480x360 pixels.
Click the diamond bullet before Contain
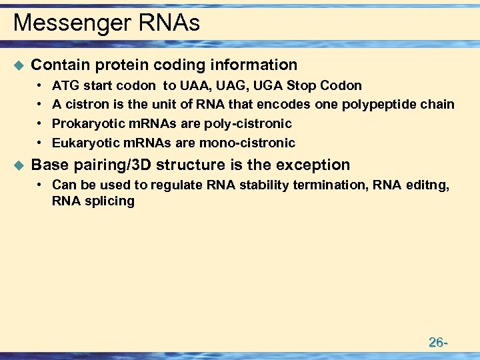click(x=18, y=65)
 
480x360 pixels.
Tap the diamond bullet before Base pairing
click(x=18, y=165)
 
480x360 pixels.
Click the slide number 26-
click(x=437, y=343)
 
